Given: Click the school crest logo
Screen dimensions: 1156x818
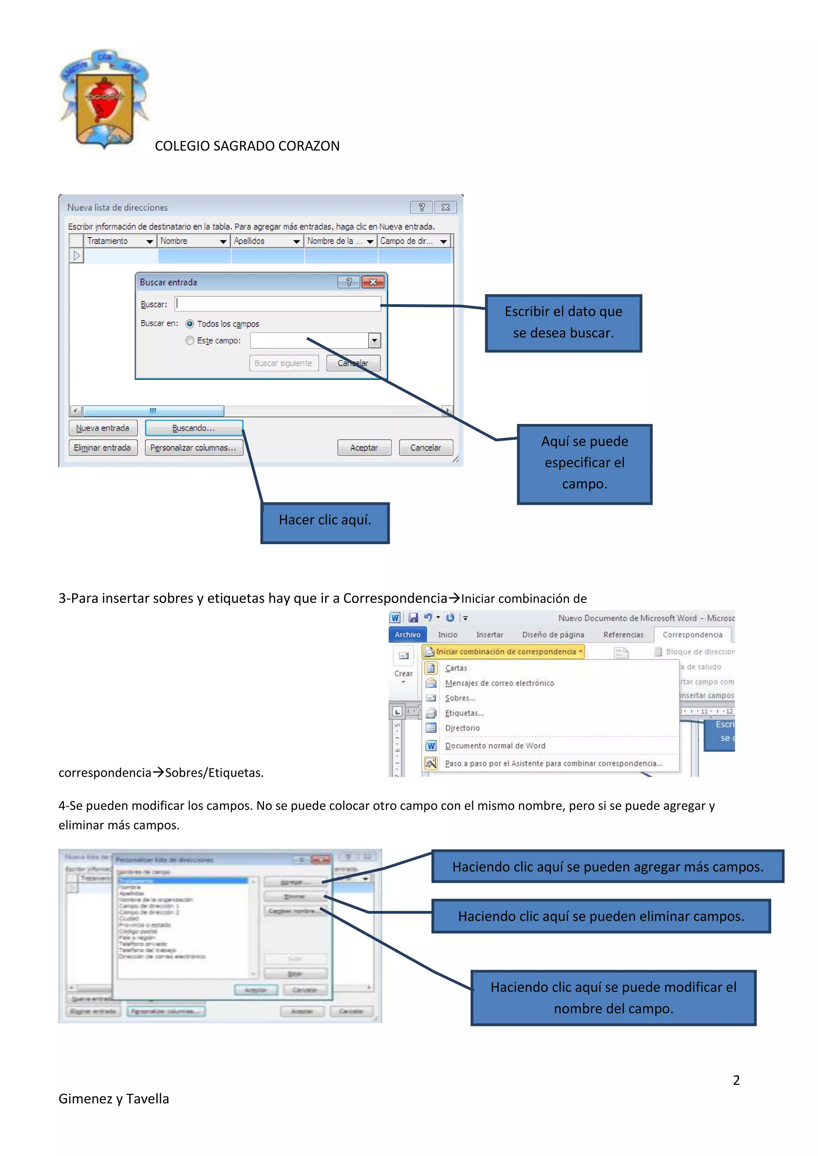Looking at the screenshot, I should coord(104,99).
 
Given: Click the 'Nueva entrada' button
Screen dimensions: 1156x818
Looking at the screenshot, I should coord(103,428).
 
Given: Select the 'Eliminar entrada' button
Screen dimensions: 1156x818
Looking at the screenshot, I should coord(103,447).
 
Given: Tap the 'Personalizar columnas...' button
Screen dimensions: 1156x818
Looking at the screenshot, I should coord(193,447).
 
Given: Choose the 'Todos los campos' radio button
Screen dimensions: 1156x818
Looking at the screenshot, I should coord(190,324).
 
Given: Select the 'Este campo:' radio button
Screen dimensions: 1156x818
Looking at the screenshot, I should coord(190,341).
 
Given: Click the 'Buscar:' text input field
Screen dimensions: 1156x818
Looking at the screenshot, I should coord(278,304).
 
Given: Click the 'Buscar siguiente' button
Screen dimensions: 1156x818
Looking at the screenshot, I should coord(284,363).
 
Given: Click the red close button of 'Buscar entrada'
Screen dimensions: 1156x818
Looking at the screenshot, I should coord(373,282).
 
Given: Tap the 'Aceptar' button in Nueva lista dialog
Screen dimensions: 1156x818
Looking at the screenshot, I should coord(364,447).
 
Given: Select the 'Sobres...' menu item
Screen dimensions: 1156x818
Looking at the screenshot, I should coord(460,698).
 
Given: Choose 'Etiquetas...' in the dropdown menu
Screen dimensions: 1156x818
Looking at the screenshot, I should coord(464,713).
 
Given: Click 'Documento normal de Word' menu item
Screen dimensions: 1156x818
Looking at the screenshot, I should coord(494,746).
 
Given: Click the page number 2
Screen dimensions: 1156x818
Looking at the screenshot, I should coord(736,1081).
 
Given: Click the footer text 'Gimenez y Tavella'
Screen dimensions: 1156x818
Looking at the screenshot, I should coord(114,1099).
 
